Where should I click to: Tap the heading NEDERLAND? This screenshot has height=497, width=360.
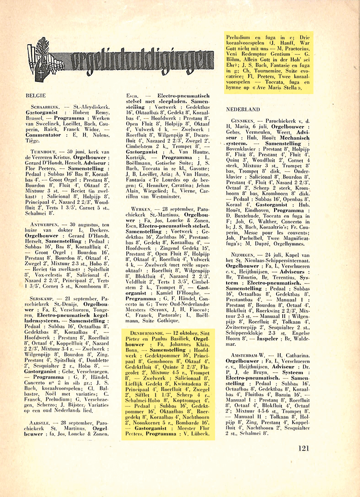pos(243,109)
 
